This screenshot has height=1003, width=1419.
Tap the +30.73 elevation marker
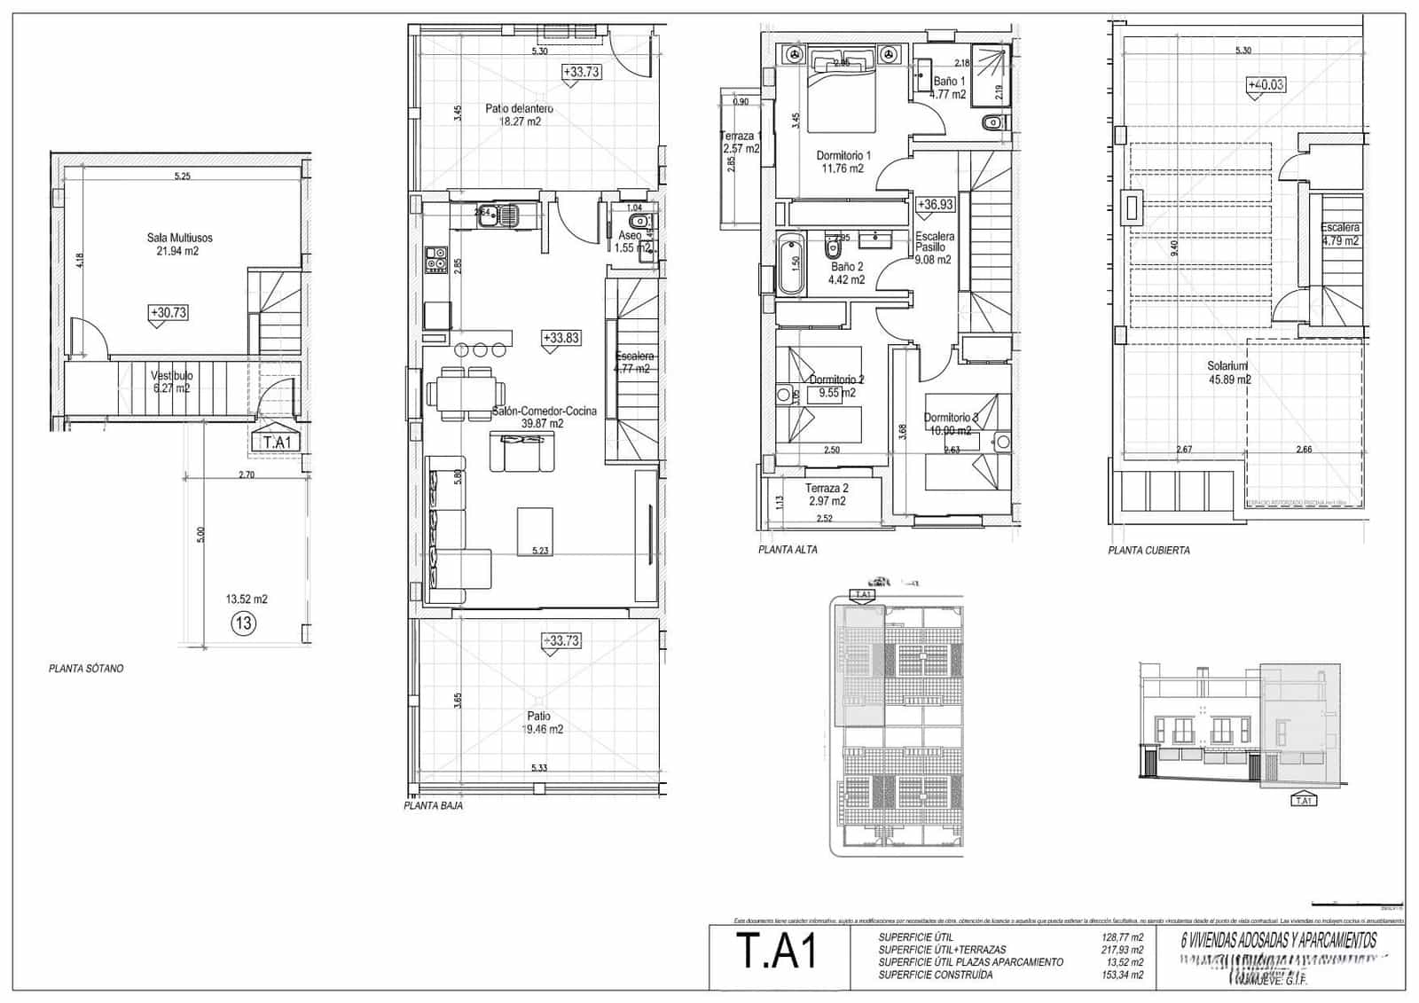pyautogui.click(x=169, y=313)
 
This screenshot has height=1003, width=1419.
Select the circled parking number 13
pyautogui.click(x=243, y=623)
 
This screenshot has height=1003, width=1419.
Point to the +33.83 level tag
pyautogui.click(x=561, y=338)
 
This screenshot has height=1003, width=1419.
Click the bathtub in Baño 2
pyautogui.click(x=790, y=264)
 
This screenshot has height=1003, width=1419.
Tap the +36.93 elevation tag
pyautogui.click(x=935, y=205)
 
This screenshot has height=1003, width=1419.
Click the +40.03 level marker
pyautogui.click(x=1266, y=85)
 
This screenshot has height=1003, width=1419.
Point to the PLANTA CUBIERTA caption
pyautogui.click(x=1149, y=551)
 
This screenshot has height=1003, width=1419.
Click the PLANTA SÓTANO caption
pyautogui.click(x=86, y=669)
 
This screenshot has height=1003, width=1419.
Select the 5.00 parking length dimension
pyautogui.click(x=200, y=535)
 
